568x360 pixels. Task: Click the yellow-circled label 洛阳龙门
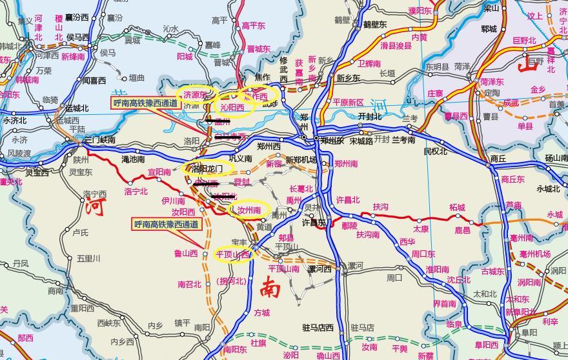point(207,168)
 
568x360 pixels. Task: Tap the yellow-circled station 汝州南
point(249,210)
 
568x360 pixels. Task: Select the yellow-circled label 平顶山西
point(232,255)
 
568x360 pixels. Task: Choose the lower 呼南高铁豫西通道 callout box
point(167,225)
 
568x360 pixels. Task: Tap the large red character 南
point(270,288)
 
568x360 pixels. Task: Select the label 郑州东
point(333,140)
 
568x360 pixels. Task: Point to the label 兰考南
point(403,139)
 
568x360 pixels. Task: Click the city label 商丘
point(498,158)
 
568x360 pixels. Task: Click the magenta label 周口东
point(423,254)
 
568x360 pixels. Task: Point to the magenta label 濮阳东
point(420,11)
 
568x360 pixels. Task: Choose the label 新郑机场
point(301,160)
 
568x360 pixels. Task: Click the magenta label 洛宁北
point(136,192)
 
